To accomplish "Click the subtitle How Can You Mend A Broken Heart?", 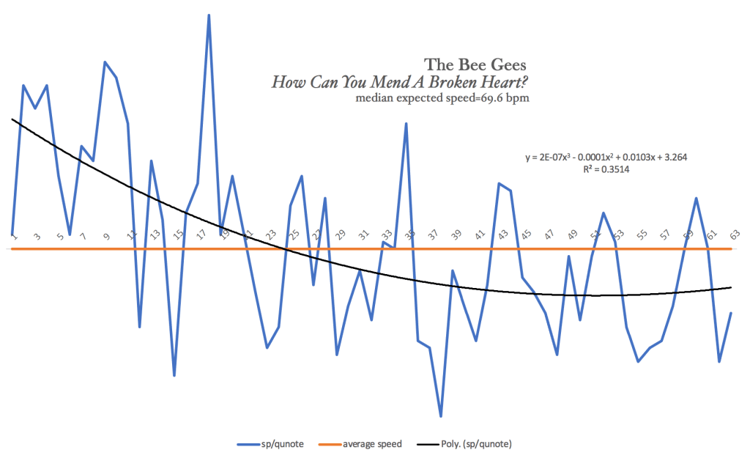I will pyautogui.click(x=400, y=81).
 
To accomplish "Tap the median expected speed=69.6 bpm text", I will pyautogui.click(x=442, y=97).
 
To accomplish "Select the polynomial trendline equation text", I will pyautogui.click(x=605, y=157).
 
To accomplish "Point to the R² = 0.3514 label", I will pyautogui.click(x=606, y=169).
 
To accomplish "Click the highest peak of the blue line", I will pyautogui.click(x=209, y=15).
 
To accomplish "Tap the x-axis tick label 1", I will pyautogui.click(x=13, y=235).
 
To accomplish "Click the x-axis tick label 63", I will pyautogui.click(x=734, y=235).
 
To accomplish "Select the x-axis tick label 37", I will pyautogui.click(x=434, y=235).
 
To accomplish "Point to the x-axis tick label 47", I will pyautogui.click(x=549, y=235).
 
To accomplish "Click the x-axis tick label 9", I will pyautogui.click(x=106, y=235).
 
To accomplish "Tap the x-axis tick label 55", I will pyautogui.click(x=642, y=235).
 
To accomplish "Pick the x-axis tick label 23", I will pyautogui.click(x=270, y=235).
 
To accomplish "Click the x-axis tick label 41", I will pyautogui.click(x=480, y=235).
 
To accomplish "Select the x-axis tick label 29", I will pyautogui.click(x=340, y=235).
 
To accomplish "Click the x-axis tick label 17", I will pyautogui.click(x=201, y=235).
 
